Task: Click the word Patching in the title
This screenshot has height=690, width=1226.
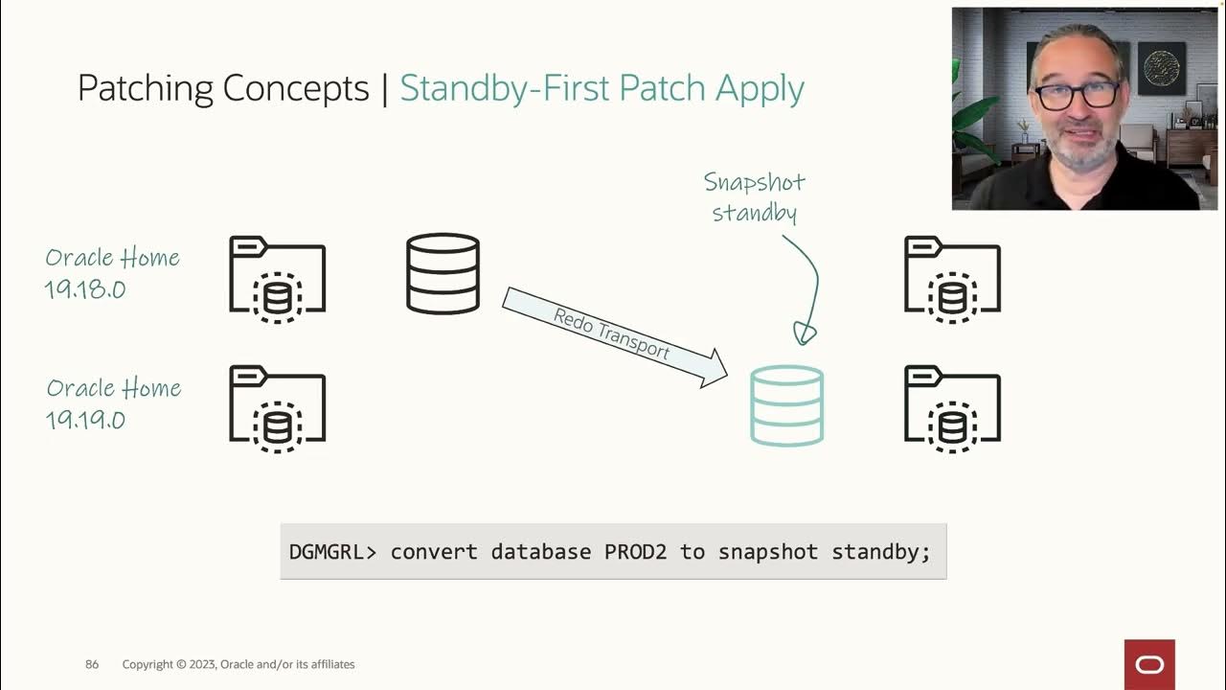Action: click(x=145, y=89)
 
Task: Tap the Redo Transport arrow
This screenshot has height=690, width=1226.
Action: click(x=615, y=337)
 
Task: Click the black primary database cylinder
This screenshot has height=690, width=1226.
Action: click(x=443, y=274)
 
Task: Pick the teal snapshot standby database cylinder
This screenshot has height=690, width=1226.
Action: click(x=786, y=405)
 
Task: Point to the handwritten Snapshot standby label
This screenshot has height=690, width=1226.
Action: click(x=754, y=197)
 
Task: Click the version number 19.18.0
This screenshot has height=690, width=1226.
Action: click(x=85, y=289)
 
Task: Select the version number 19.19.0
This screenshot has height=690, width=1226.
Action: click(x=85, y=420)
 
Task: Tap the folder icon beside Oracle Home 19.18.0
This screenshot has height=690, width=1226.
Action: click(x=278, y=279)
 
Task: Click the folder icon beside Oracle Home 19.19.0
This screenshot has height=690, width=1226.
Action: click(x=278, y=409)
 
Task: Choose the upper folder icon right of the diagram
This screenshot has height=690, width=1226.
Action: click(x=952, y=279)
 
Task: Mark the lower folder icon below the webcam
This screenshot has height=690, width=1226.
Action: click(x=952, y=409)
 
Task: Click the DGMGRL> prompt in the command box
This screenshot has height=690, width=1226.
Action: click(x=332, y=551)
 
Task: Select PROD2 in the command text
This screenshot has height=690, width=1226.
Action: click(x=635, y=551)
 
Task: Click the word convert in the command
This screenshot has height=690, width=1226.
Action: click(x=434, y=552)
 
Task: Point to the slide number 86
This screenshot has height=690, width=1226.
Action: click(x=92, y=664)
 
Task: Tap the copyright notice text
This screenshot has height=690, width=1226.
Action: click(x=238, y=664)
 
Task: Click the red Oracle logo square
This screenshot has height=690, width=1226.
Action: click(x=1149, y=665)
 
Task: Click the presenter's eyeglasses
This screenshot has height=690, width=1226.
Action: click(x=1076, y=95)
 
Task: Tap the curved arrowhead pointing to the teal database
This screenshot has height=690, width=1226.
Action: click(x=804, y=333)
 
